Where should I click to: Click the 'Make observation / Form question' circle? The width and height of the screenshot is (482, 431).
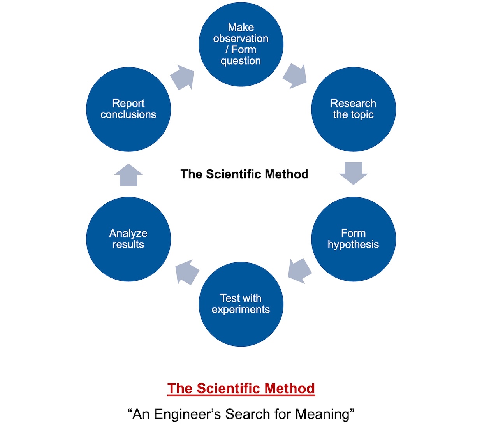pyautogui.click(x=241, y=44)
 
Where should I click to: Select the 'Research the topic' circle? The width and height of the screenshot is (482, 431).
pyautogui.click(x=354, y=109)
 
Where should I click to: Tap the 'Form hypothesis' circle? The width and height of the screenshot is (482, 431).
pyautogui.click(x=354, y=239)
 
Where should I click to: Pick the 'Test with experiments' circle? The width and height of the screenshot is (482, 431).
pyautogui.click(x=241, y=304)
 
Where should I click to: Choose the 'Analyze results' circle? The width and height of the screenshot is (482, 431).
pyautogui.click(x=128, y=239)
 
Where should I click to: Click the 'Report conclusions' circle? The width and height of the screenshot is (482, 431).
pyautogui.click(x=128, y=109)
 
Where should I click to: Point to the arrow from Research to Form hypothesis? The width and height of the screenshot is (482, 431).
pyautogui.click(x=354, y=173)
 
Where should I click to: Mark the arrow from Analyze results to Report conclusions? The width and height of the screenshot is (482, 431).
pyautogui.click(x=128, y=175)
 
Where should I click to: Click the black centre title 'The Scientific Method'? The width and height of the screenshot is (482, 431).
pyautogui.click(x=245, y=174)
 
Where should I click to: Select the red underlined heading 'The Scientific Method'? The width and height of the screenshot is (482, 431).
pyautogui.click(x=241, y=389)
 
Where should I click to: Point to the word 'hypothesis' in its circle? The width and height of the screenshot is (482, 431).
pyautogui.click(x=353, y=245)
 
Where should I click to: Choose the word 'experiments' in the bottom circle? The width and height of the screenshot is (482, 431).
pyautogui.click(x=241, y=310)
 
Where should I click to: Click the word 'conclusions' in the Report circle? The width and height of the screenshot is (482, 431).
pyautogui.click(x=128, y=114)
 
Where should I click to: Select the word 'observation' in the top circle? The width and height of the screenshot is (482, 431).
pyautogui.click(x=241, y=39)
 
